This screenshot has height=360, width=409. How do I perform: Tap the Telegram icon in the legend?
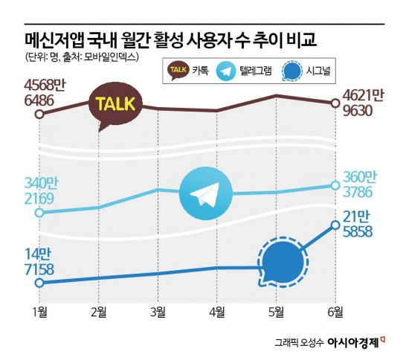[225, 71]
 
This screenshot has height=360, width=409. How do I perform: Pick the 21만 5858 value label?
[363, 223]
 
